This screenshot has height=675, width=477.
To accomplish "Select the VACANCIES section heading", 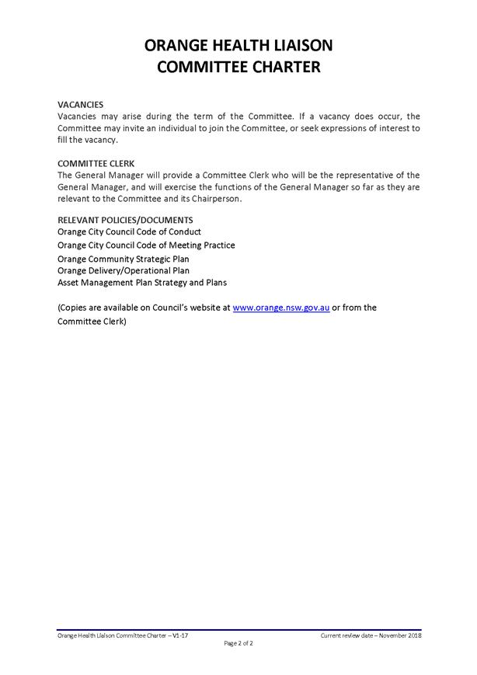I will click(x=81, y=104).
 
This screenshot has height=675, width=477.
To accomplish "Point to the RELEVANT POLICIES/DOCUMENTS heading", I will click(x=125, y=220).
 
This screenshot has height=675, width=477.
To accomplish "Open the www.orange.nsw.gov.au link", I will click(x=281, y=308).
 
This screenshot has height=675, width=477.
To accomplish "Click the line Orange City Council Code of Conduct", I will click(x=129, y=232).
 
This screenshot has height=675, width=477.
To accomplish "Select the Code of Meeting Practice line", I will click(x=146, y=245).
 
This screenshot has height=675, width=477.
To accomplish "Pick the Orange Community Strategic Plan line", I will click(x=124, y=259).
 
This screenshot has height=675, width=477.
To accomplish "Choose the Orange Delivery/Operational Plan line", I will click(x=124, y=270).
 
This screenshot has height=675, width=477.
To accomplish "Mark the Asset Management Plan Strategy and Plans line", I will click(x=142, y=283).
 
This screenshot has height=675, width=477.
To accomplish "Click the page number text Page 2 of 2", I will click(x=238, y=644).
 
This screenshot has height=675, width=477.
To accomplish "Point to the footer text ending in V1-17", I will click(x=123, y=635).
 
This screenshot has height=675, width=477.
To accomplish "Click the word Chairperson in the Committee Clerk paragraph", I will click(x=218, y=199).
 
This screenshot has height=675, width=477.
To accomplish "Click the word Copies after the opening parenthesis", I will click(x=77, y=308).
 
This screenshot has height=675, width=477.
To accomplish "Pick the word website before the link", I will click(x=214, y=308).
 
